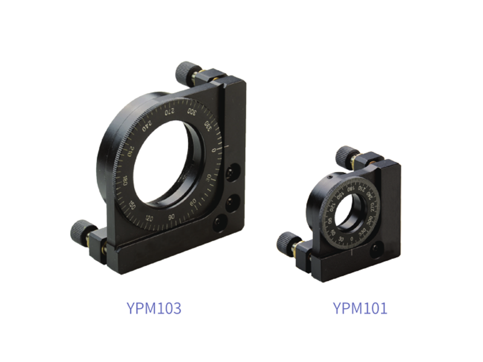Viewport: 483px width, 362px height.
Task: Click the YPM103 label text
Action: point(155,308)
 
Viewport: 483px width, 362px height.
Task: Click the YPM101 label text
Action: point(360,308)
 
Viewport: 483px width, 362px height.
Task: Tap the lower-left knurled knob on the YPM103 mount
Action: point(80,230)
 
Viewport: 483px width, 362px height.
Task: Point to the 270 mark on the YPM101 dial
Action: point(373,208)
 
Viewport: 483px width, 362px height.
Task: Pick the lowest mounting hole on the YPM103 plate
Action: point(219,223)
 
